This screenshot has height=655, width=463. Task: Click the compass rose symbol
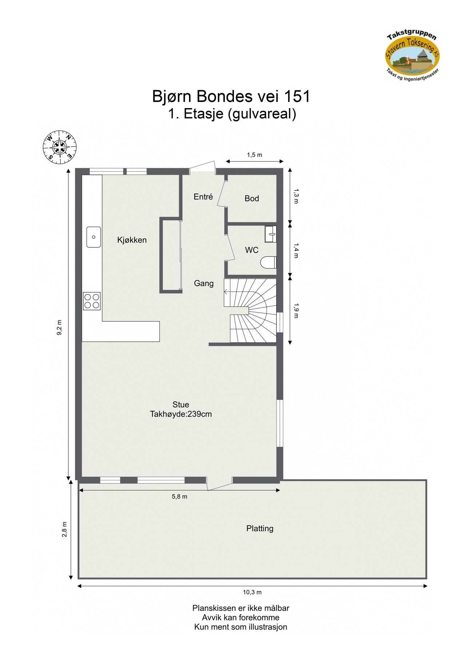(60, 147)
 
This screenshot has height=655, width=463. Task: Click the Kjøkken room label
(132, 240)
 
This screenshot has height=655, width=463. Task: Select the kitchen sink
(93, 237)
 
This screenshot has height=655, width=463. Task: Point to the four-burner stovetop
(92, 301)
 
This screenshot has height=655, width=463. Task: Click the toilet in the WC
(269, 262)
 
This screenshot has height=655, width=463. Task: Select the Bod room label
(252, 199)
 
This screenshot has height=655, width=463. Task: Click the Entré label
(203, 197)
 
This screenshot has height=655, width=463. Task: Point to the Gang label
(204, 283)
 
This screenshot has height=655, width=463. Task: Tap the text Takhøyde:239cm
(181, 414)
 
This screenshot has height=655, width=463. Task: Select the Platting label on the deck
(260, 528)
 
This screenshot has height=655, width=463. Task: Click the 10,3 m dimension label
(252, 592)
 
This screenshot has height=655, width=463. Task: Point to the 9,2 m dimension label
(60, 327)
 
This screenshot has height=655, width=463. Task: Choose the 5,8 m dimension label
(179, 497)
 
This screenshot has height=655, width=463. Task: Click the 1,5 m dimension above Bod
(255, 155)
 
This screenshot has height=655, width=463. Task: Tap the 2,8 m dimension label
(65, 529)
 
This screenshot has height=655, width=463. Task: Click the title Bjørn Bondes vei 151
(231, 96)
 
